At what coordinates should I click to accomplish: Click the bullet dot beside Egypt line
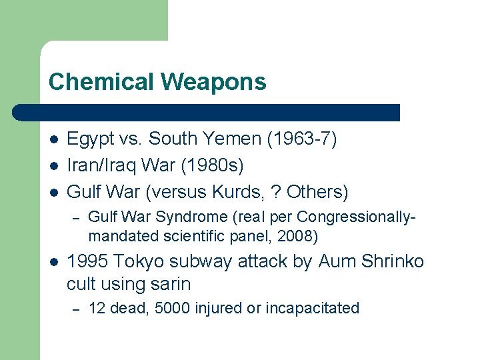click(53, 139)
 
